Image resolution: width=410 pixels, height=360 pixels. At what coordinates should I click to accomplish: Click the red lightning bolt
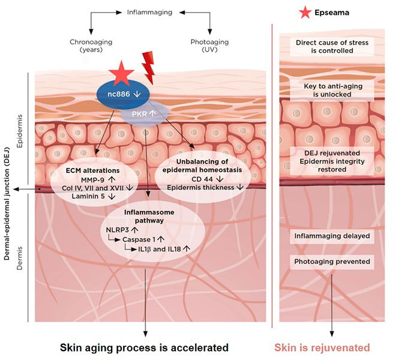(149, 68)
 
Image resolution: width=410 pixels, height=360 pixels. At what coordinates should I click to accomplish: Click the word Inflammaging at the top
(150, 11)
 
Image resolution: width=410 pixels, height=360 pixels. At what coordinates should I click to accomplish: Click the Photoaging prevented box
(332, 262)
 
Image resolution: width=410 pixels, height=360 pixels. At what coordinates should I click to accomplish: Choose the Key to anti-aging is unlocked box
(332, 91)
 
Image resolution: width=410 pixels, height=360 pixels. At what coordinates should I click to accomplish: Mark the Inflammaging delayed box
(332, 236)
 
